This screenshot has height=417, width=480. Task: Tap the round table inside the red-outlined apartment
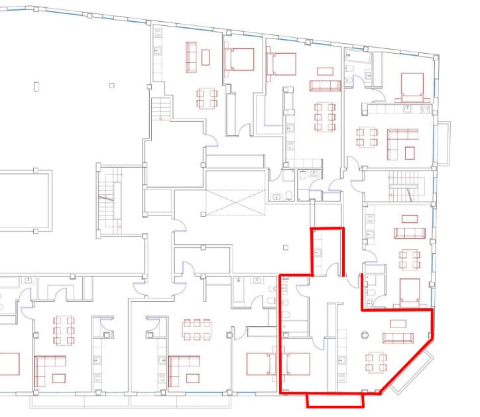click(x=363, y=335)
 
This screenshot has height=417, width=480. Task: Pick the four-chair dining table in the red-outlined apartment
click(x=377, y=363)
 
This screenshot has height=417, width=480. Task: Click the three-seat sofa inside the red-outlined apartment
click(x=398, y=338)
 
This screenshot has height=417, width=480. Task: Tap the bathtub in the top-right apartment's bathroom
click(x=356, y=68)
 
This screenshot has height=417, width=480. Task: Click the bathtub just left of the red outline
click(x=241, y=291)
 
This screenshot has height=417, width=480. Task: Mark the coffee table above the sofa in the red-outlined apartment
click(x=398, y=324)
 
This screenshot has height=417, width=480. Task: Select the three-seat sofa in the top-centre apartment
click(x=325, y=86)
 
